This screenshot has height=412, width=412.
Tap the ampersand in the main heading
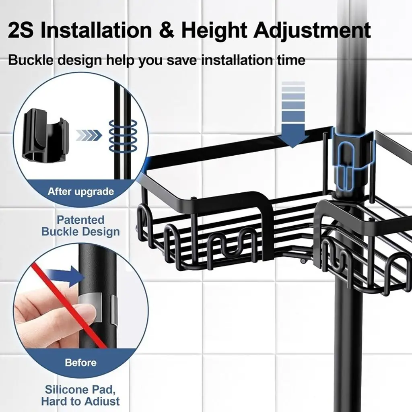click(x=167, y=30)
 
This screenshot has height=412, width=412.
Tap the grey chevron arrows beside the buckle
click(x=89, y=135)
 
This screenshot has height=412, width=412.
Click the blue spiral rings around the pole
click(x=123, y=136)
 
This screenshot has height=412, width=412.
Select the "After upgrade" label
click(x=80, y=191)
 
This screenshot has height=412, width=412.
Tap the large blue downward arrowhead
click(x=293, y=136)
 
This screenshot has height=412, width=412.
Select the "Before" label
click(x=80, y=363)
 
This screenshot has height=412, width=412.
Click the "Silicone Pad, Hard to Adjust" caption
click(x=80, y=396)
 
